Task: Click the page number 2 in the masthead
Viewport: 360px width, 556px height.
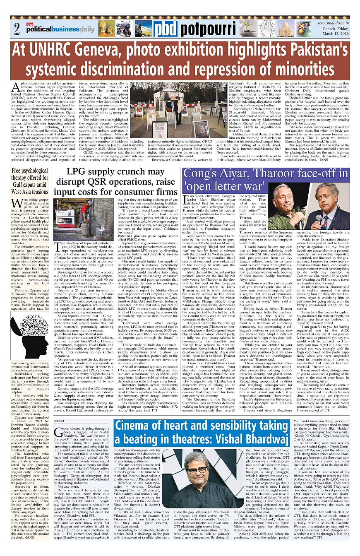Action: [17, 29]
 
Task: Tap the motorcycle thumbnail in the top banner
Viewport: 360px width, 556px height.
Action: [123, 28]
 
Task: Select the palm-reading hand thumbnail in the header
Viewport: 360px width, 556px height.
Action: [268, 28]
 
